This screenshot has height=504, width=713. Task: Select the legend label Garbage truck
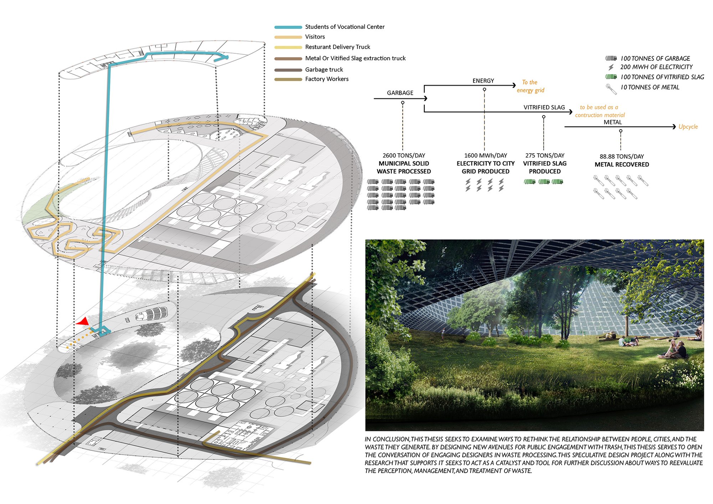(324, 70)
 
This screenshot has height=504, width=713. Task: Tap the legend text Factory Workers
(327, 79)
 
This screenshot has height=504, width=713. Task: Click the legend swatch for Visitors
(288, 37)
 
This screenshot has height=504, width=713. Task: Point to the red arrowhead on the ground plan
(83, 322)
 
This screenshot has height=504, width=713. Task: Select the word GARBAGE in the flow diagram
(400, 93)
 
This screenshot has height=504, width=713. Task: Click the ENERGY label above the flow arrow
(483, 81)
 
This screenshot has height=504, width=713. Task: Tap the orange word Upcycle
(688, 127)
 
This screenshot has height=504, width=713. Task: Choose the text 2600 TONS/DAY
(404, 155)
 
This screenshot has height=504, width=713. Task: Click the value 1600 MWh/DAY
(486, 155)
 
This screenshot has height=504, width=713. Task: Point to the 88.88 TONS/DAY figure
(622, 156)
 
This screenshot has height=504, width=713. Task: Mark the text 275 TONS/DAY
(545, 155)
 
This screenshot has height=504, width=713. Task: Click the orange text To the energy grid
(530, 86)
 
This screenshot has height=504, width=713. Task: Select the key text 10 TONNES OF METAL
(650, 87)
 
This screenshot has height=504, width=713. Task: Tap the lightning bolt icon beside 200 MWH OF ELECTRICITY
(611, 67)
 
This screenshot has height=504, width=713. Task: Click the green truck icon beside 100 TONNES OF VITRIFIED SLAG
(611, 77)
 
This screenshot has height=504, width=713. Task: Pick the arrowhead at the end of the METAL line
(674, 127)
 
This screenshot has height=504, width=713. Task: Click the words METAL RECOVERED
(622, 164)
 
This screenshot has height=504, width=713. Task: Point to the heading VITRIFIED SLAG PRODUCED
(545, 167)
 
